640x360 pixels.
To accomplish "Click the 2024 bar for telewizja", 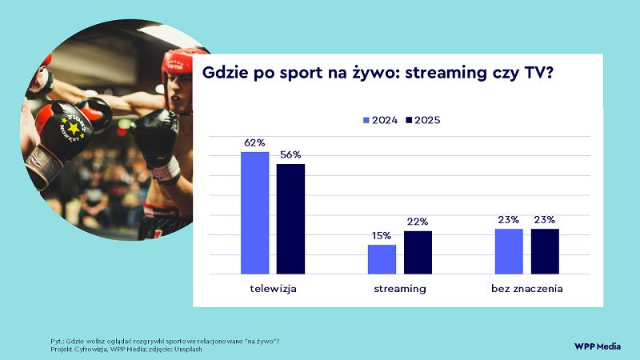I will pyautogui.click(x=255, y=213).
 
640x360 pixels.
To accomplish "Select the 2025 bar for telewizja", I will pyautogui.click(x=291, y=219).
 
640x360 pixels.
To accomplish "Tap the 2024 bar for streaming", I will pyautogui.click(x=382, y=259).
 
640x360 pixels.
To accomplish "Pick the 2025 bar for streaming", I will pyautogui.click(x=418, y=252).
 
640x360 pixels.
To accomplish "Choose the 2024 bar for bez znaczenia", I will pyautogui.click(x=509, y=251).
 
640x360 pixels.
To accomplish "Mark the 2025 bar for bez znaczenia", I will pyautogui.click(x=545, y=251).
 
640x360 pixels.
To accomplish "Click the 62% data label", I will pyautogui.click(x=255, y=143).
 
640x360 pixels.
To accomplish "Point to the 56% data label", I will pyautogui.click(x=291, y=155).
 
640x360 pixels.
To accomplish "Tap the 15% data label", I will pyautogui.click(x=382, y=236).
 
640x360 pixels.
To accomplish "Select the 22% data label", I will pyautogui.click(x=418, y=222).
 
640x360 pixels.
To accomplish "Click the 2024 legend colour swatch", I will pyautogui.click(x=367, y=120).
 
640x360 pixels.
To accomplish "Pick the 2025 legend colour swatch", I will pyautogui.click(x=408, y=120).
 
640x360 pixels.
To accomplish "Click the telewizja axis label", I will pyautogui.click(x=274, y=287).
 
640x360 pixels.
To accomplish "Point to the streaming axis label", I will pyautogui.click(x=400, y=287).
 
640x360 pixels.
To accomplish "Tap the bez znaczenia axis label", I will pyautogui.click(x=527, y=287).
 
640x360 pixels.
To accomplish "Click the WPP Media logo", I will pyautogui.click(x=598, y=346).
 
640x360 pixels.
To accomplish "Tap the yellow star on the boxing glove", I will pyautogui.click(x=74, y=127).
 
